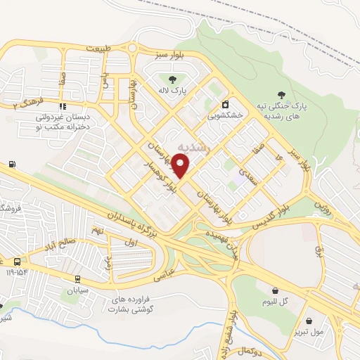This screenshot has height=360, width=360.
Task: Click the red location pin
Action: click(181, 167)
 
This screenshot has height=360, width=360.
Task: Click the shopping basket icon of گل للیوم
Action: click(274, 290)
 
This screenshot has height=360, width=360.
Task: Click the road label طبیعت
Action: click(98, 48)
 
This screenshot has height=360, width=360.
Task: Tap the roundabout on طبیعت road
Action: click(132, 48)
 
